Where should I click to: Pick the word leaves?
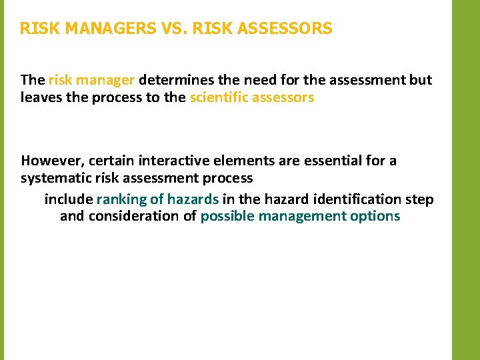coord(41,98)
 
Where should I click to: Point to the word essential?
coord(328,161)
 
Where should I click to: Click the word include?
coord(69,199)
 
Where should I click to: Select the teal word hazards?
coord(193,199)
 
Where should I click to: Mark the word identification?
coord(357,199)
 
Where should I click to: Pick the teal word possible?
coord(227,217)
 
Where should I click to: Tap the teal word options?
coord(376,217)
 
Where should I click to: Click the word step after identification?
coord(420,199)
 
